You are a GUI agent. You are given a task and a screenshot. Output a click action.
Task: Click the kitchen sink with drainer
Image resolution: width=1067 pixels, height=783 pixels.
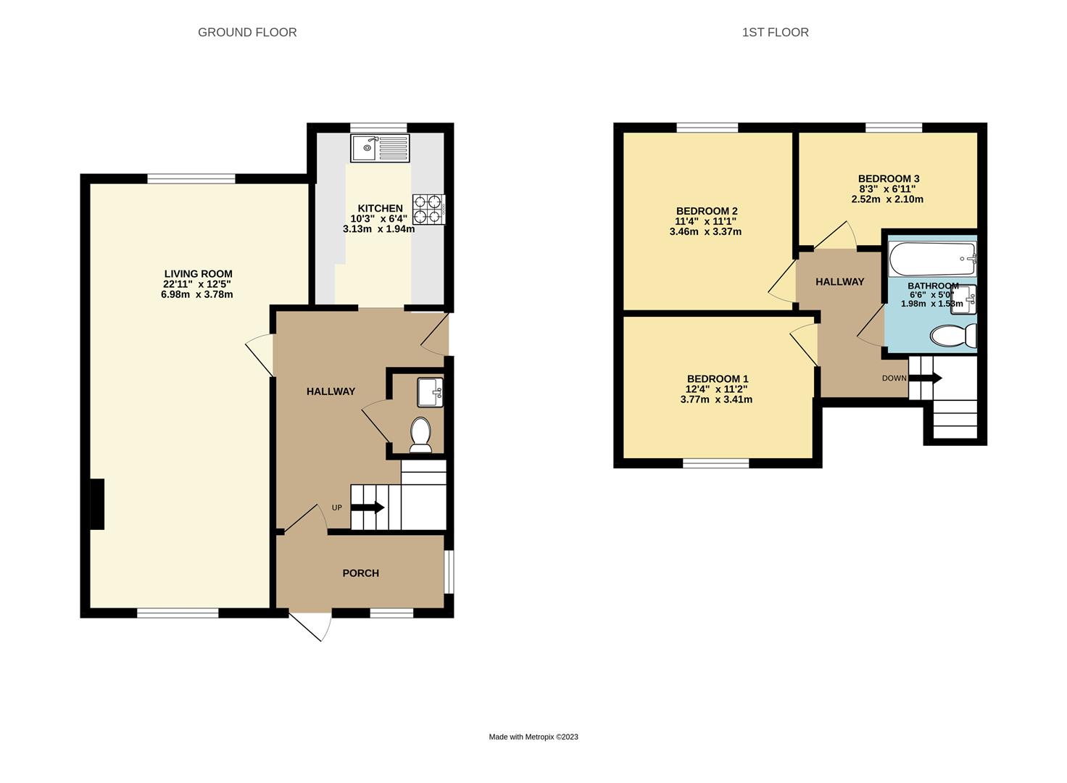tap(380, 148)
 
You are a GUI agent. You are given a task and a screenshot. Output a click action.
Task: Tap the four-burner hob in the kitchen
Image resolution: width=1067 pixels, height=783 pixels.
tap(428, 210)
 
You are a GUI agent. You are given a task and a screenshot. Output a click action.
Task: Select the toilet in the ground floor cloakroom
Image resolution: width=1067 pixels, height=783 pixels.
tap(420, 434)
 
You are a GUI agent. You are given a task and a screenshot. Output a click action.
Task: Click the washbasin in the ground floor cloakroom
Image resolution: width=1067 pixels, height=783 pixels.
tap(430, 392)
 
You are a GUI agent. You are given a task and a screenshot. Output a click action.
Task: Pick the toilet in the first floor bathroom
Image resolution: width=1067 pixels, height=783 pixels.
tap(953, 336)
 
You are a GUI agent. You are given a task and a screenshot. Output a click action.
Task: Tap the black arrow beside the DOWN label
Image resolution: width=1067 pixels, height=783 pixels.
tap(925, 378)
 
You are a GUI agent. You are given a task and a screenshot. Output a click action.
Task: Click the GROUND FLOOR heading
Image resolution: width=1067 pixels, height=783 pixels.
tap(247, 33)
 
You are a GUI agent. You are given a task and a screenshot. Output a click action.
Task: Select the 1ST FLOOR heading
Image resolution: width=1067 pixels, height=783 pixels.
tap(776, 33)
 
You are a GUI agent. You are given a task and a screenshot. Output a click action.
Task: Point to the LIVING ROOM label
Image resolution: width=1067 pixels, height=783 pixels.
tap(198, 274)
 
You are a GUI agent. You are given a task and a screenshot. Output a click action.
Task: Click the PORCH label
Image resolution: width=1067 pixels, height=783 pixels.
tap(360, 573)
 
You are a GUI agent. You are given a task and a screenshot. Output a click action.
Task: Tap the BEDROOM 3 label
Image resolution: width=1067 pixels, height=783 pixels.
tap(889, 179)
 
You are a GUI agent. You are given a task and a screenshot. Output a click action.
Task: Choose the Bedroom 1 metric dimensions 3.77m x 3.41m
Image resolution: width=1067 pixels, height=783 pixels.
tap(716, 399)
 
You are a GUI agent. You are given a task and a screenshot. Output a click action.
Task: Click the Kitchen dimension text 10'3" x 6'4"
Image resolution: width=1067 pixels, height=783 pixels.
tap(379, 219)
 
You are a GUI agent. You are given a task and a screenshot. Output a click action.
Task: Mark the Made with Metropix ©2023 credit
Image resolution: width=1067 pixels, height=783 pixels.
tap(533, 737)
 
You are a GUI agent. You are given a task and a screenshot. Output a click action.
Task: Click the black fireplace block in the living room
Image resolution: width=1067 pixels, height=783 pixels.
tap(97, 504)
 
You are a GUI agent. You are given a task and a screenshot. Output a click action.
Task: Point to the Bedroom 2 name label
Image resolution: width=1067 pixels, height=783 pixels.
tap(707, 211)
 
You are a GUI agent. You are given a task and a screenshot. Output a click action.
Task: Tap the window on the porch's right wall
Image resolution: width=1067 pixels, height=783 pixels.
tap(449, 572)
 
